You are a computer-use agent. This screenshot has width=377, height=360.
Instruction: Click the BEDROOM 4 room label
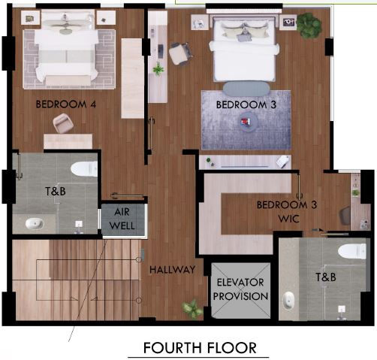(x=66, y=105)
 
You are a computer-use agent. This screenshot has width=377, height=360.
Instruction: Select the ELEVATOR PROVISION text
(x=242, y=289)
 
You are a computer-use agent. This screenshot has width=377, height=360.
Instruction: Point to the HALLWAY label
(x=172, y=269)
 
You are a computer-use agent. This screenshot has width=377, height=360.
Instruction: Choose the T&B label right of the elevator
(x=325, y=277)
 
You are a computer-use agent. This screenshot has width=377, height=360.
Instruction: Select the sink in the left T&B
(x=34, y=223)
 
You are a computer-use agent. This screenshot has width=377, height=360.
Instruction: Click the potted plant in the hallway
(x=192, y=308)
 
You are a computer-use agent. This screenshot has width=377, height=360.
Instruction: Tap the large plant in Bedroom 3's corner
(x=308, y=25)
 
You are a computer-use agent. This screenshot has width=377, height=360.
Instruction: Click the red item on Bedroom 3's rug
(x=245, y=121)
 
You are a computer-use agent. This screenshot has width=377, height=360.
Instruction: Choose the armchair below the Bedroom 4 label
(x=64, y=125)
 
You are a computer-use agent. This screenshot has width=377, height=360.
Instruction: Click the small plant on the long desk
(x=158, y=69)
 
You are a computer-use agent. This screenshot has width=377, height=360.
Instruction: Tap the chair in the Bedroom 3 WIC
(x=345, y=215)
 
